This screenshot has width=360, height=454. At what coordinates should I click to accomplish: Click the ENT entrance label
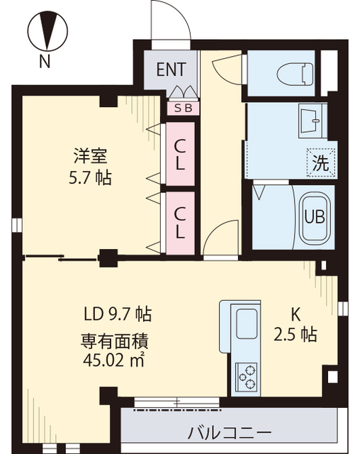(x=171, y=70)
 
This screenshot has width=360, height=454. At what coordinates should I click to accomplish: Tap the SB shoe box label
(x=184, y=109)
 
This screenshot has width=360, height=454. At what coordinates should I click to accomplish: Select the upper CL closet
(x=181, y=154)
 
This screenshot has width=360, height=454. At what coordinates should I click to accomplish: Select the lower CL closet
(x=181, y=223)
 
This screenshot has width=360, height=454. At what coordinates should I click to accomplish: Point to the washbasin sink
(x=313, y=121)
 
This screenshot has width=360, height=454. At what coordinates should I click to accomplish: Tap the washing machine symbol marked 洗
(x=322, y=162)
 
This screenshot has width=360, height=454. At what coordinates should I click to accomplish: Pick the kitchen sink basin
(x=247, y=323)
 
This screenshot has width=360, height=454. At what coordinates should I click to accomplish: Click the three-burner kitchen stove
(x=247, y=377)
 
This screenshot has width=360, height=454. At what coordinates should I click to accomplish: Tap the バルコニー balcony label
(x=230, y=433)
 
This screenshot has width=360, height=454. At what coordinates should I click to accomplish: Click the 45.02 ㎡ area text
(x=113, y=360)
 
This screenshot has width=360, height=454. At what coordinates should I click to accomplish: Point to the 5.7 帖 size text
(x=90, y=178)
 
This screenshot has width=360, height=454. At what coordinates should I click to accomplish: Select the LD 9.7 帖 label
(x=118, y=314)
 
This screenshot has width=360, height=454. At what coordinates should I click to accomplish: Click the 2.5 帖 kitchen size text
(x=295, y=334)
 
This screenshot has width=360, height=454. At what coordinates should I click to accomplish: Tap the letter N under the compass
(x=45, y=61)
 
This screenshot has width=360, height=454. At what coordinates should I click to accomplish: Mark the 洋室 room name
(x=90, y=155)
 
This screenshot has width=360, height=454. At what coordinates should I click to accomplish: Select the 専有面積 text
(x=114, y=341)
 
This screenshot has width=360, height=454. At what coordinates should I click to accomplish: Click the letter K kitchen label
(x=296, y=315)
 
